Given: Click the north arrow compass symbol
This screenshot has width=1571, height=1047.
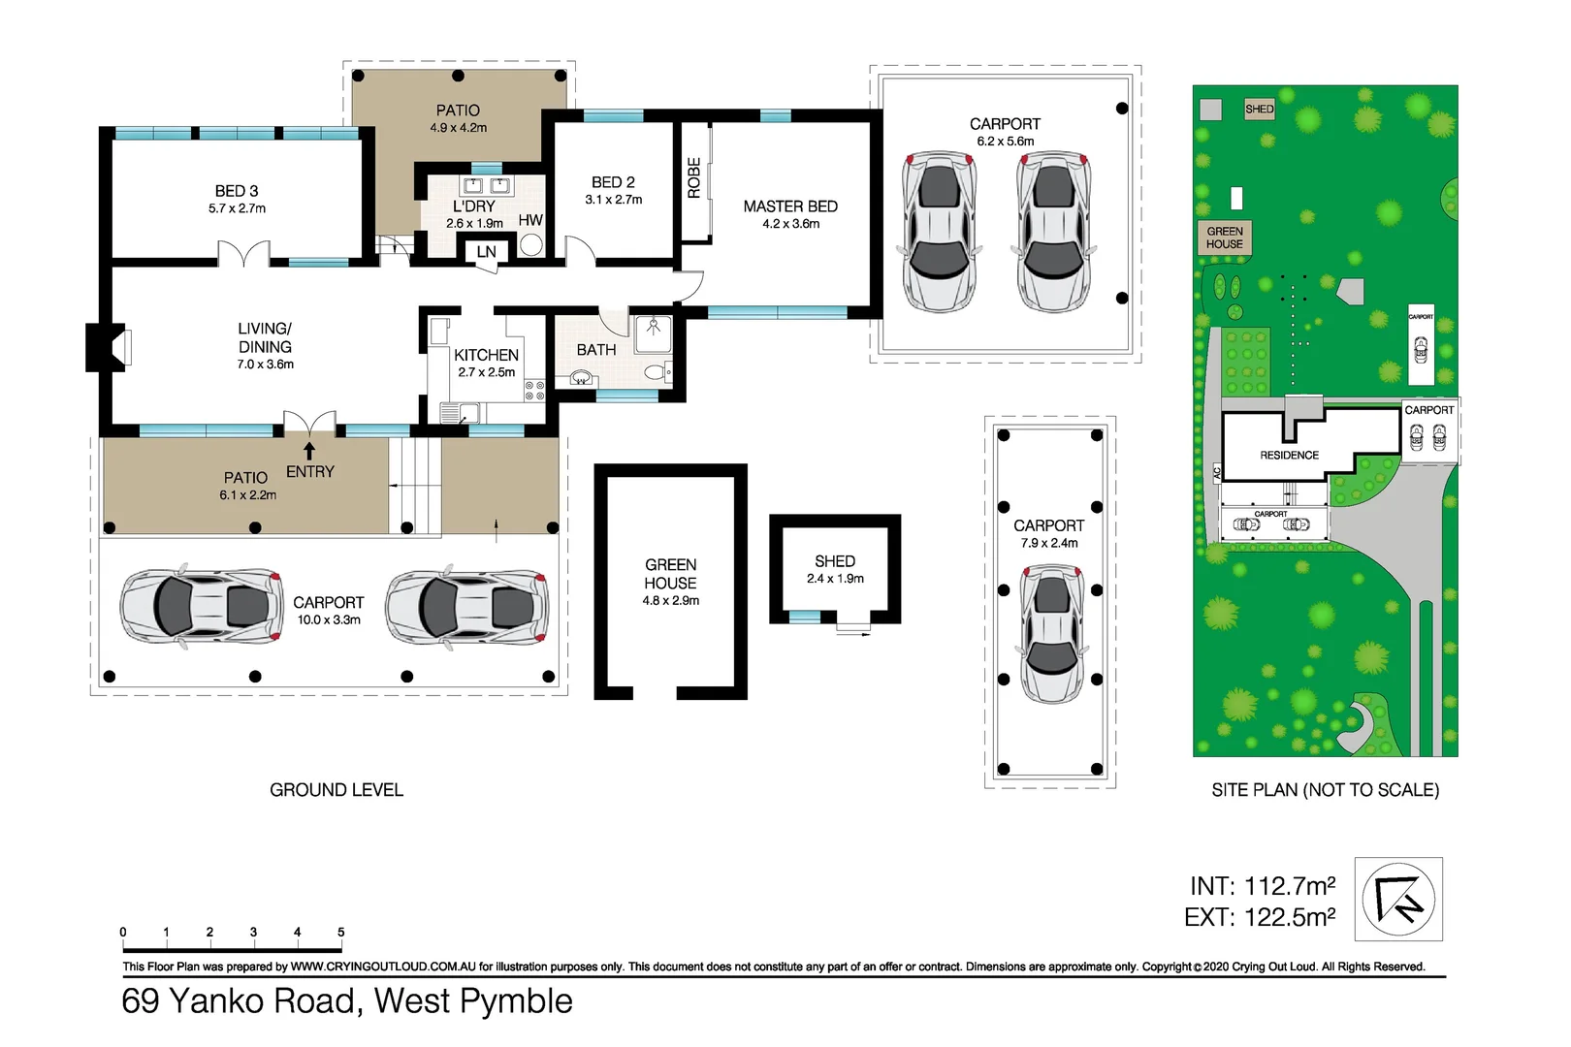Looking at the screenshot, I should click(1397, 899).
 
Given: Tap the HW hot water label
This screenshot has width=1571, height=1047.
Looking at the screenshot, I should click(530, 220).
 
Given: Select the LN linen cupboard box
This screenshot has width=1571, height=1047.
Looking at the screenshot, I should click(486, 252).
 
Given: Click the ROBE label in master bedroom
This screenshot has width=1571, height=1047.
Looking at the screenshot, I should click(694, 178).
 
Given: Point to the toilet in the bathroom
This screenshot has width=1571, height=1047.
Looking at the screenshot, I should click(656, 371).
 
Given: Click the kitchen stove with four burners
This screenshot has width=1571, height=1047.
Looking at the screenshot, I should click(534, 391).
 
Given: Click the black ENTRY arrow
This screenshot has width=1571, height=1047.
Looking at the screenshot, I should click(309, 451).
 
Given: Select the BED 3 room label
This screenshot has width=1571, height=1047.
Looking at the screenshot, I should click(237, 191).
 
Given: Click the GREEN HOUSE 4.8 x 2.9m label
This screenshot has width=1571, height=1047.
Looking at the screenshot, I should click(670, 581).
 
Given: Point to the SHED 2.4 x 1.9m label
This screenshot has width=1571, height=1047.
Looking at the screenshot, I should click(835, 569).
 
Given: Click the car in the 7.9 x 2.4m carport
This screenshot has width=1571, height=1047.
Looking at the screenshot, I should click(1051, 635).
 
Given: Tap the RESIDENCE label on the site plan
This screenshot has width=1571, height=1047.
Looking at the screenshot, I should click(1289, 455).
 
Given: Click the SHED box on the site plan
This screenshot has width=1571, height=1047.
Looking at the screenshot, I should click(1259, 110).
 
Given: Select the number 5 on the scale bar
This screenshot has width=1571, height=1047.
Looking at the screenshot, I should click(340, 932).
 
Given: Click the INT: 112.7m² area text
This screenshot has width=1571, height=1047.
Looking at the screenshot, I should click(1262, 885).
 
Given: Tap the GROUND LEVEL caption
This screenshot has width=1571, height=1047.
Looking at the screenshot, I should click(336, 790).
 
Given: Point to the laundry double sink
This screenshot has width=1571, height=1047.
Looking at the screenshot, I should click(486, 186).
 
